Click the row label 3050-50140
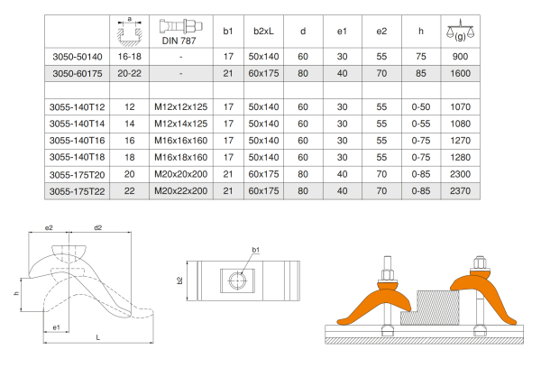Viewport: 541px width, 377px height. tap(78, 57)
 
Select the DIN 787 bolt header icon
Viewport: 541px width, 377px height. tap(181, 26)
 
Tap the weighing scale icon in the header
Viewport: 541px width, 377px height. tap(460, 30)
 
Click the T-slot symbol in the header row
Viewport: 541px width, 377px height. tap(129, 31)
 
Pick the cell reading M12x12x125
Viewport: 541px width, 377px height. tap(181, 107)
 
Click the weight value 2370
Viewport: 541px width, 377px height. tap(460, 191)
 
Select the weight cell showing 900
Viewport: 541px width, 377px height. tap(460, 57)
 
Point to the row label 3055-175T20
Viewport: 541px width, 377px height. tap(77, 175)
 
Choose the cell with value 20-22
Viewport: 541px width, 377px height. tap(129, 74)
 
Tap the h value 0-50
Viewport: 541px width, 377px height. tap(421, 107)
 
